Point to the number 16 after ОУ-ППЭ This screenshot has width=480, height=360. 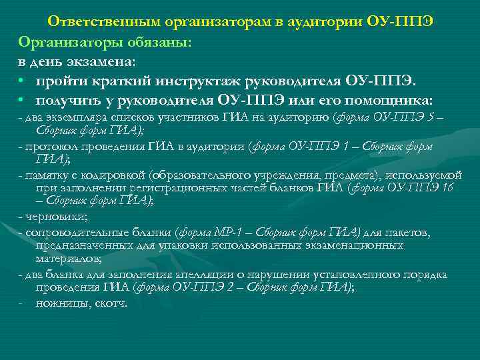(x=447, y=188)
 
